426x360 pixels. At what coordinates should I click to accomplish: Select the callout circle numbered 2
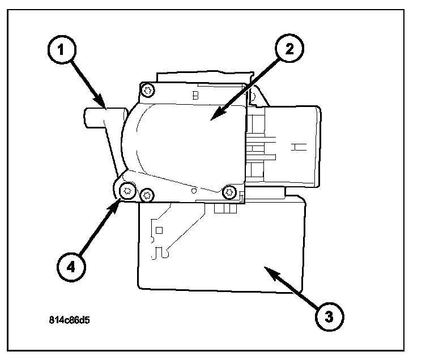[289, 49]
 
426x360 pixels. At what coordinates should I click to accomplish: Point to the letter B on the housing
[195, 96]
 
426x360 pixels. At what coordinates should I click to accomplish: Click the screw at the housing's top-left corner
[148, 89]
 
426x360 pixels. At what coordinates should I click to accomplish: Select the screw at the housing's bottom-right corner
[229, 192]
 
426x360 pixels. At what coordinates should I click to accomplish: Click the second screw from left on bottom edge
[147, 195]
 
